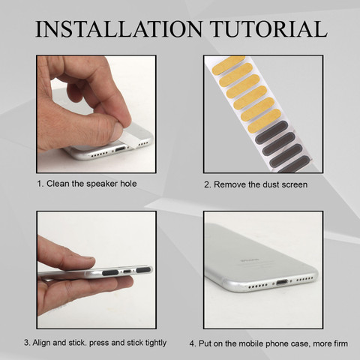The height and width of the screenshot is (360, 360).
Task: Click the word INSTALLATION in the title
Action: tap(118, 29)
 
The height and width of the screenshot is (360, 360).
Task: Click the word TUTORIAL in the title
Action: tap(268, 29)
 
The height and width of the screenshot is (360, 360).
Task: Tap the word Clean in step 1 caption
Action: tap(58, 184)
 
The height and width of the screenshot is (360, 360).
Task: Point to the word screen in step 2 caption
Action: tap(295, 184)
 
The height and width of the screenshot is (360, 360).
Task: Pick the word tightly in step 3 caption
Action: tap(156, 343)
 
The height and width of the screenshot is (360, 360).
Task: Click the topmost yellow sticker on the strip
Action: tap(228, 65)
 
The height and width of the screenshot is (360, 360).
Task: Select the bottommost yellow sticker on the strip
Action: tap(264, 121)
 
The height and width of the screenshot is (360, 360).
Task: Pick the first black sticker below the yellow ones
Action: tap(271, 132)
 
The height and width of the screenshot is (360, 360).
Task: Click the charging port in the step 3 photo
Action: tap(127, 271)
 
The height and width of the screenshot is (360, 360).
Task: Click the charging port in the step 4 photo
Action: tap(282, 282)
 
